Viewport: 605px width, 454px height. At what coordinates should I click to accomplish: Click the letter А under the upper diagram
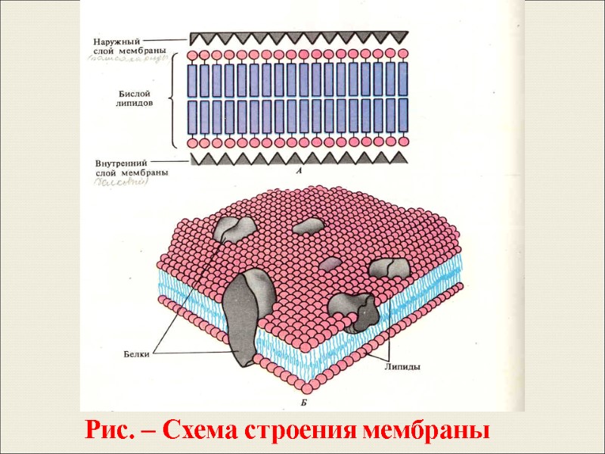[x=299, y=173]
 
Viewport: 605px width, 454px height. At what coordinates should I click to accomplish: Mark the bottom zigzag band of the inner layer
[x=299, y=158]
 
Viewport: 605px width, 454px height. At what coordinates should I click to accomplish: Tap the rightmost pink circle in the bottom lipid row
[x=403, y=142]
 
